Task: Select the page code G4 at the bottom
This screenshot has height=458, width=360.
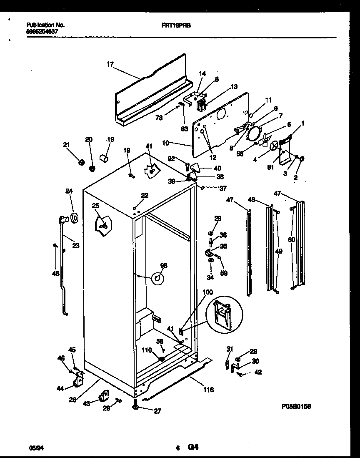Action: tap(192, 448)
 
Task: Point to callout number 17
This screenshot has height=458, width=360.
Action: tap(110, 64)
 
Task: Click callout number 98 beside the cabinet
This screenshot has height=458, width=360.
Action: tap(164, 265)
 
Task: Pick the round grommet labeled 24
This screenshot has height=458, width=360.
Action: tap(75, 217)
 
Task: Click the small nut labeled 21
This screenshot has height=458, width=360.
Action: tap(82, 161)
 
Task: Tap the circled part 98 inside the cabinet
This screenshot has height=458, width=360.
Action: tap(157, 278)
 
